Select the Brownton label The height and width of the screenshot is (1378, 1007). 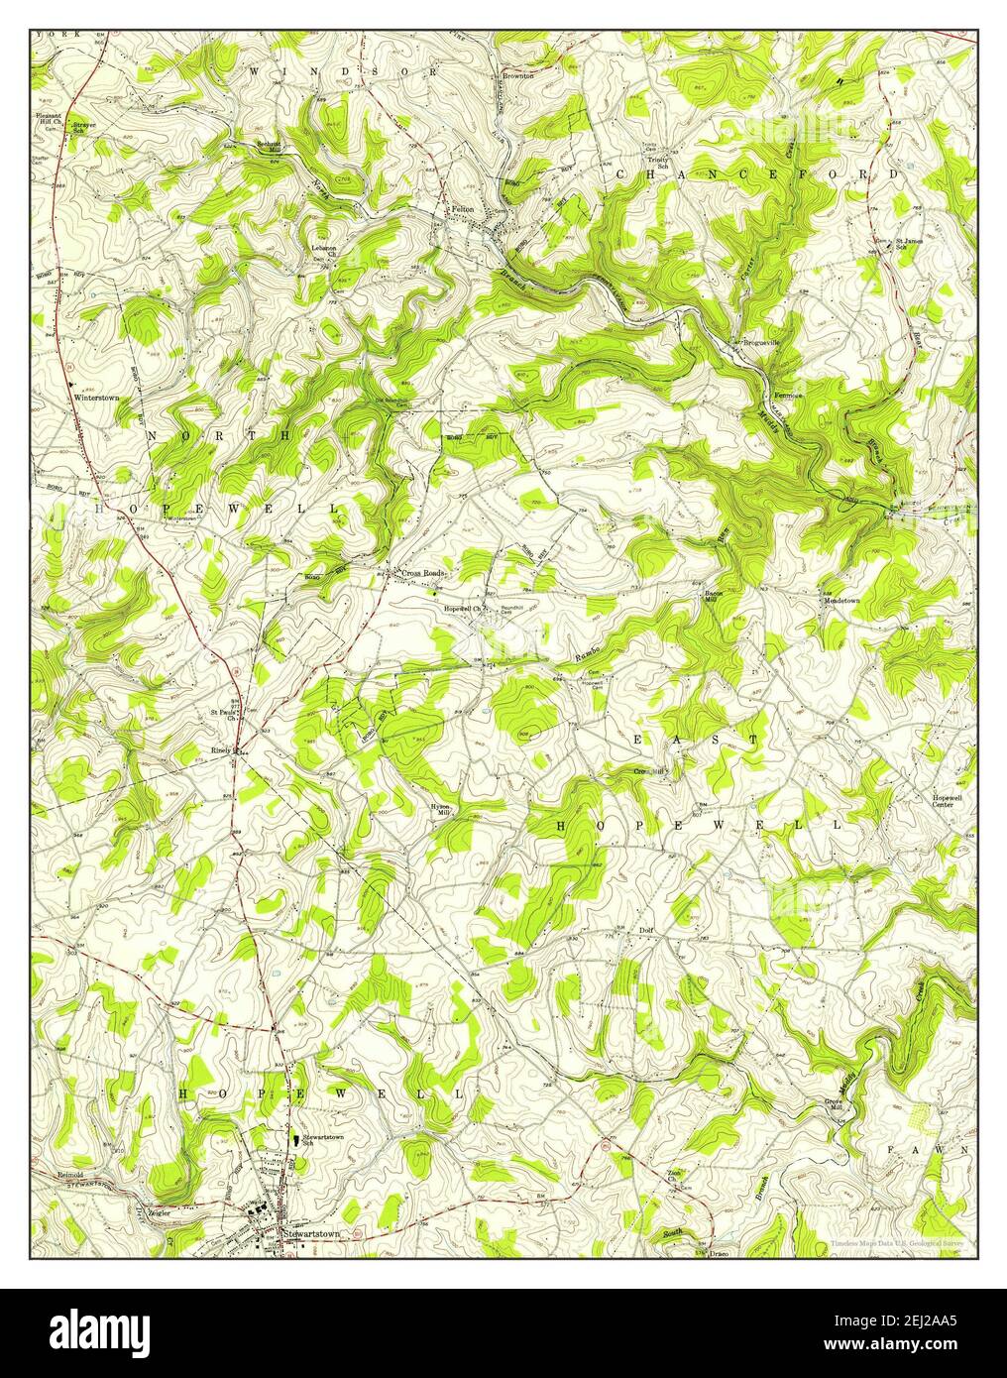click(517, 75)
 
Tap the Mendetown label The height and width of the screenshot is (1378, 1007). click(840, 600)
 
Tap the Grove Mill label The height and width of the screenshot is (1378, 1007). click(833, 1104)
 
